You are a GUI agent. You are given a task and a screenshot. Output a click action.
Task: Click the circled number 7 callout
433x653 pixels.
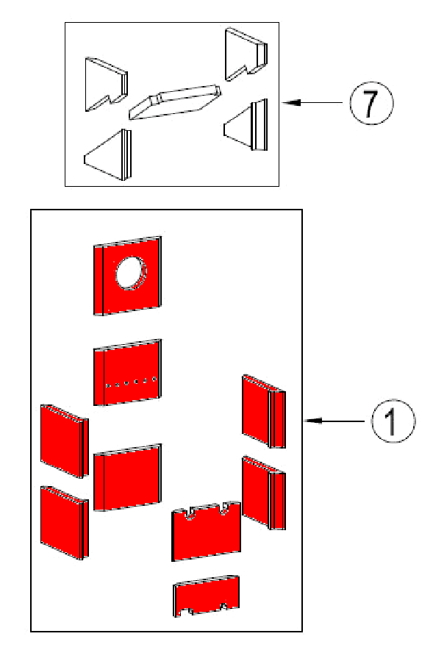tap(371, 103)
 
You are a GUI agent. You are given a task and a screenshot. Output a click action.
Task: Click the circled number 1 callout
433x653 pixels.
tap(393, 421)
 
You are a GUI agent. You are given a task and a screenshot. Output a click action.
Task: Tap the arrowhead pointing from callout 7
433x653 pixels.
tap(291, 102)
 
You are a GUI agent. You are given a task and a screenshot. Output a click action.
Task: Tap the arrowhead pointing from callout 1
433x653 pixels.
tap(313, 421)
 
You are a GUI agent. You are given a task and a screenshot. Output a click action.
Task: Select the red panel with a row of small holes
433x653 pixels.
tap(127, 372)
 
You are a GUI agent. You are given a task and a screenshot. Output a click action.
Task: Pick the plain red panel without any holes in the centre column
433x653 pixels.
tap(127, 477)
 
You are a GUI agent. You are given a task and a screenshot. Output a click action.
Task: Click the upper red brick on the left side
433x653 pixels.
tap(65, 441)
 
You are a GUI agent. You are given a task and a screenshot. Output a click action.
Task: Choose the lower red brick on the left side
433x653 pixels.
tap(65, 523)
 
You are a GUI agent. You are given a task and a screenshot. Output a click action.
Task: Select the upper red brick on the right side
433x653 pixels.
tap(264, 411)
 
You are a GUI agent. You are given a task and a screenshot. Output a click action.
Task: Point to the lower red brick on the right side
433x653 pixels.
tap(264, 493)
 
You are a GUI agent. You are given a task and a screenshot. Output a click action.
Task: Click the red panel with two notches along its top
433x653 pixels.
tap(206, 532)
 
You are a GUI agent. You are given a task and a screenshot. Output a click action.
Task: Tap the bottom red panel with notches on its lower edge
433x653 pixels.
tap(207, 596)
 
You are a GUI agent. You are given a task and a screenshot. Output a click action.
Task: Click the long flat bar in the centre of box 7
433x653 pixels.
tap(175, 101)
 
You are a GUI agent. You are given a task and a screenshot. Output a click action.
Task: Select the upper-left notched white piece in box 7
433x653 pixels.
tap(106, 85)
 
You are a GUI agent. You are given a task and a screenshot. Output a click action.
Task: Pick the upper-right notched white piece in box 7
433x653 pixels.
tap(246, 54)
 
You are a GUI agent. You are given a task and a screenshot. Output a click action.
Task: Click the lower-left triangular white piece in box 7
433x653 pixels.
tap(108, 154)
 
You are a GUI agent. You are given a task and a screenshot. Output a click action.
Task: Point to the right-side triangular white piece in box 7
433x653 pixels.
tap(246, 124)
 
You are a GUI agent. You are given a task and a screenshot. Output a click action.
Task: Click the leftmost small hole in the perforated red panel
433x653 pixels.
tap(108, 385)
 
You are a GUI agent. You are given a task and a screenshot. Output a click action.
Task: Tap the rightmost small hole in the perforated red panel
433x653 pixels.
tap(154, 379)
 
